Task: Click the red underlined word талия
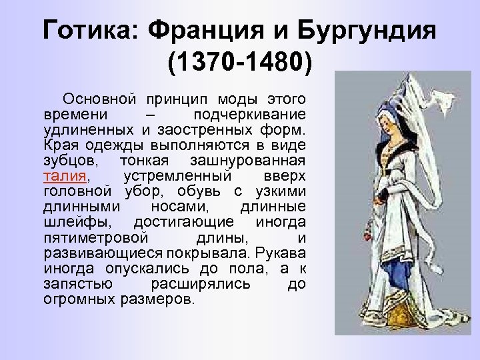tap(65, 177)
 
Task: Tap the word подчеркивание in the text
tap(255, 115)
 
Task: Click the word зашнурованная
tap(257, 161)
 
